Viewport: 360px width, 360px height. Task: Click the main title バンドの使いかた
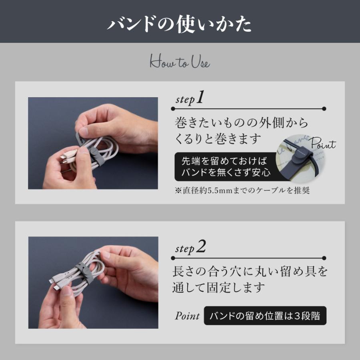pos(180,24)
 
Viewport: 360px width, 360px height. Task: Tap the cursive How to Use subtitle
pos(180,62)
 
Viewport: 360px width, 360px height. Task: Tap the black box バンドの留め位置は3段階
pos(265,316)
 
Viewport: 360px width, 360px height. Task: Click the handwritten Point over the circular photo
pos(322,143)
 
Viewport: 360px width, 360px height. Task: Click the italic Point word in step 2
pos(187,316)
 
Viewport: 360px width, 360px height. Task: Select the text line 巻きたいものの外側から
pos(242,122)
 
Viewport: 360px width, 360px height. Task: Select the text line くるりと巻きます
pos(218,139)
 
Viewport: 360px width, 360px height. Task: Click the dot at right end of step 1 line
pos(324,108)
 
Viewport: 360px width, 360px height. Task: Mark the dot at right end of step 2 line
pos(324,258)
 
